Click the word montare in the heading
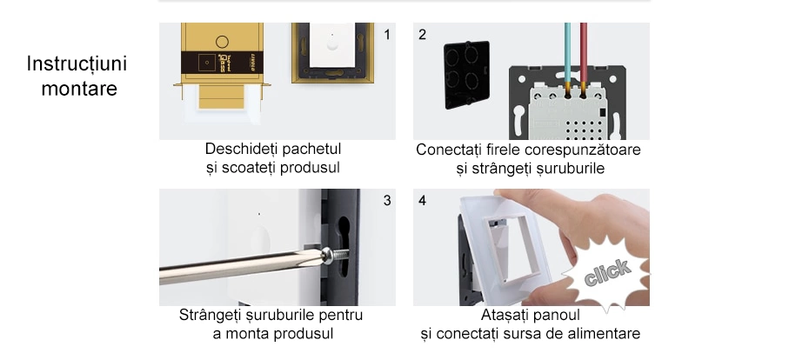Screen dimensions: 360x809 tap(79, 89)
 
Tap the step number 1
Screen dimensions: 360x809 tap(388, 35)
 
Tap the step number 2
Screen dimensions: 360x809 tap(423, 35)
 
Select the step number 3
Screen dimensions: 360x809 tap(387, 201)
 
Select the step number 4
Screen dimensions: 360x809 tap(423, 201)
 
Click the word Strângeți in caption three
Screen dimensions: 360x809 tap(211, 315)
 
